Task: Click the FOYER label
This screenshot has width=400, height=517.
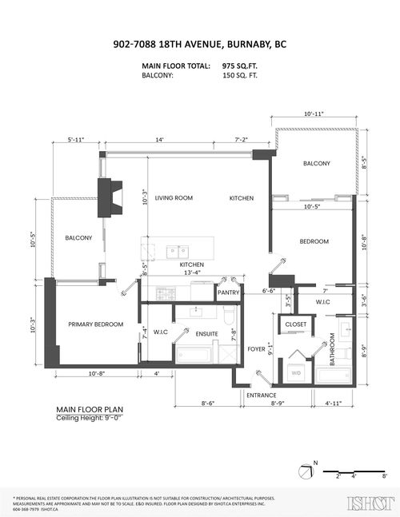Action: (x=255, y=348)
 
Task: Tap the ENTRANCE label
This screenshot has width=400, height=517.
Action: (x=262, y=396)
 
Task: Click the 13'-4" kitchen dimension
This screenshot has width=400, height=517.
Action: (x=192, y=272)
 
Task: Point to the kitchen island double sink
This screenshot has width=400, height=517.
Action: (x=178, y=252)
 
